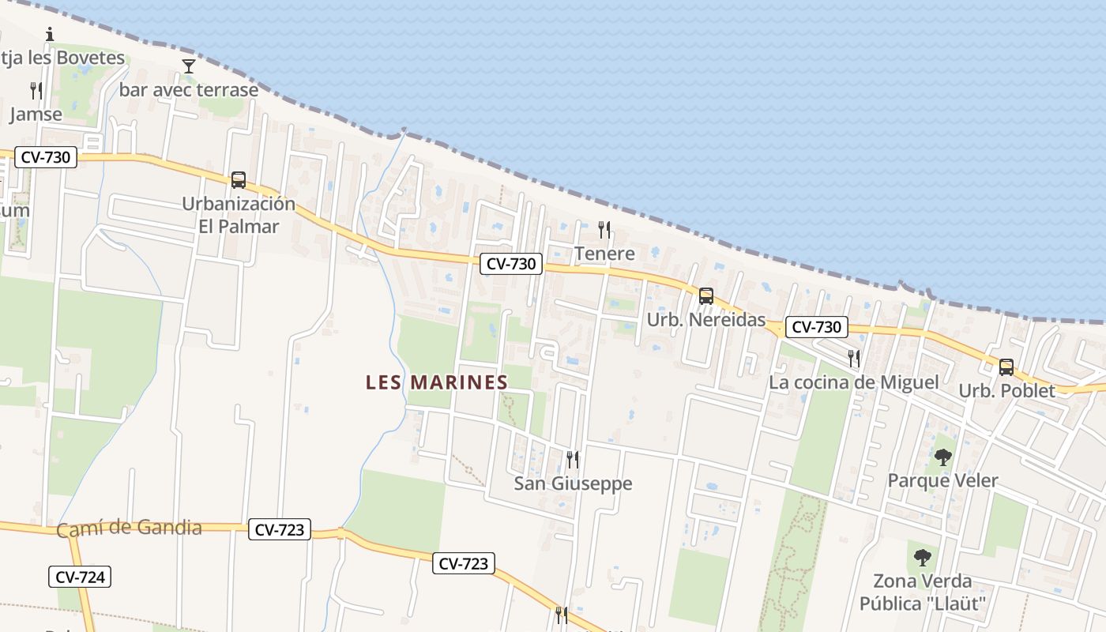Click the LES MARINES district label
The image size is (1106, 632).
coord(436,382)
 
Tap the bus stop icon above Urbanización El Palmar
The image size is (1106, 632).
coord(239,180)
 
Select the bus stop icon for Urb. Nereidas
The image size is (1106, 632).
coord(706,296)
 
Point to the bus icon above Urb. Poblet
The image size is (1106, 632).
coord(1006,367)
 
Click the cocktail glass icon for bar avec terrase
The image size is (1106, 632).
coord(188,66)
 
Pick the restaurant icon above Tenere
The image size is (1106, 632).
coord(604,230)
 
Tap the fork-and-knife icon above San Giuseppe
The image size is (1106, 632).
coord(573,459)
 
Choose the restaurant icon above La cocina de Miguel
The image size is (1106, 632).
coord(853,358)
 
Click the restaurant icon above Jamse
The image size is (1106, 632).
coord(36,91)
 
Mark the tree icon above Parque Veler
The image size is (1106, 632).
coord(942,457)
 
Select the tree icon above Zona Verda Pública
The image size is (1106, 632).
coord(922,558)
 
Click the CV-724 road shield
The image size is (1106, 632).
coord(80,577)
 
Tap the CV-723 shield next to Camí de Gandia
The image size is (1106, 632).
coord(280,529)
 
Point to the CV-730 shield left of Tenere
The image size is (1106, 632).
coord(511,264)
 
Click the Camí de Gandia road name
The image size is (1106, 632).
coord(129,528)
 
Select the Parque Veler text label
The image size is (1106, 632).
coord(942,480)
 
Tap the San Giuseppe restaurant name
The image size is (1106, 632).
coord(573,483)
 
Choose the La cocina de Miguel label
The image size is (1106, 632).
coord(853,382)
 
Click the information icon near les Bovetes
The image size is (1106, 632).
coord(50,34)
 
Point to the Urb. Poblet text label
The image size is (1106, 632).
coord(1006,391)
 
